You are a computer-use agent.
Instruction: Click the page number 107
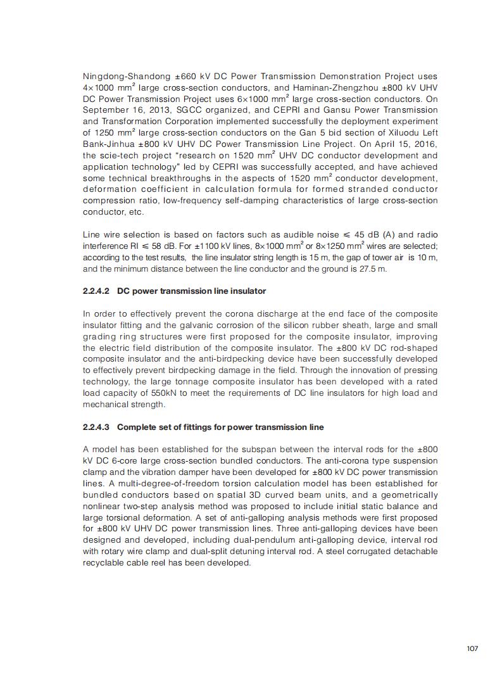tap(472, 648)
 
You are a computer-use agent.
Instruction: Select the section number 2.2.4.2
tap(96, 291)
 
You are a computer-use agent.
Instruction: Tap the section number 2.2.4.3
tap(96, 427)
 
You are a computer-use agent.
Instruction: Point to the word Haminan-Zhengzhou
tap(324, 87)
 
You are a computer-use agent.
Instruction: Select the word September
tap(106, 110)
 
